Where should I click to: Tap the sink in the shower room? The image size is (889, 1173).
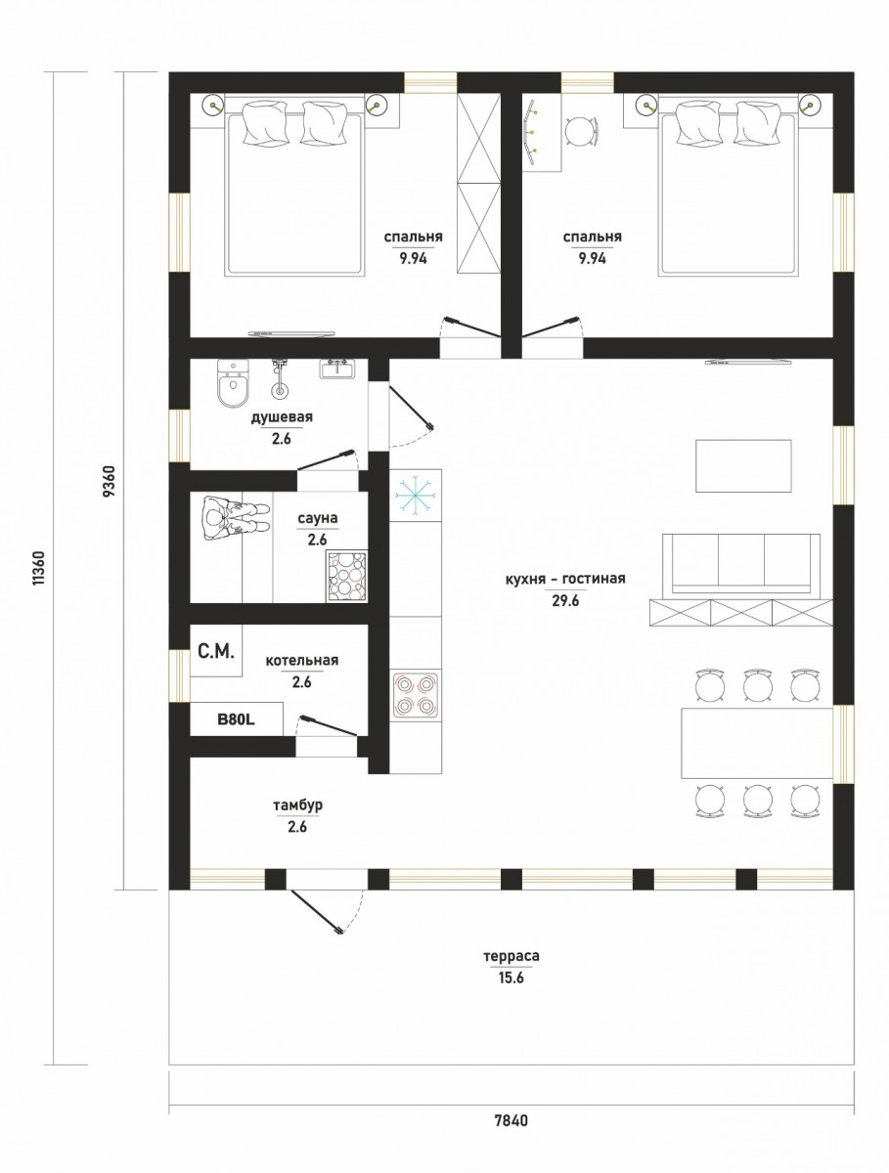pos(336,369)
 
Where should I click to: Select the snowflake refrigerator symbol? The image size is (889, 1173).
pos(416,495)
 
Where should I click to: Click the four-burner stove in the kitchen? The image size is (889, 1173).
pos(416,694)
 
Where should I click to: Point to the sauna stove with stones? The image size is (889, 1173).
pos(346,576)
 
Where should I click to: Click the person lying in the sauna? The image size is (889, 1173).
pos(234,518)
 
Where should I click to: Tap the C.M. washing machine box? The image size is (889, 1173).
pos(216,651)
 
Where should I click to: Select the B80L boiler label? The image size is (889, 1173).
pos(236,719)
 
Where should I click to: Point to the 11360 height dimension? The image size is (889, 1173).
pos(38,568)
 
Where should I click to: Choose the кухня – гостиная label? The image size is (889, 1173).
pos(565,579)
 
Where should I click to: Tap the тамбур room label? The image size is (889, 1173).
pos(297,805)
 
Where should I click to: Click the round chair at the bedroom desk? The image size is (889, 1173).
pos(582,131)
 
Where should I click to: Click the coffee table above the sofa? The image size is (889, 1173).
pos(743,465)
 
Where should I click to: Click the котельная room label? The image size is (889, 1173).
pos(302,661)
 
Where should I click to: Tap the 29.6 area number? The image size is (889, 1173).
pos(565,601)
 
